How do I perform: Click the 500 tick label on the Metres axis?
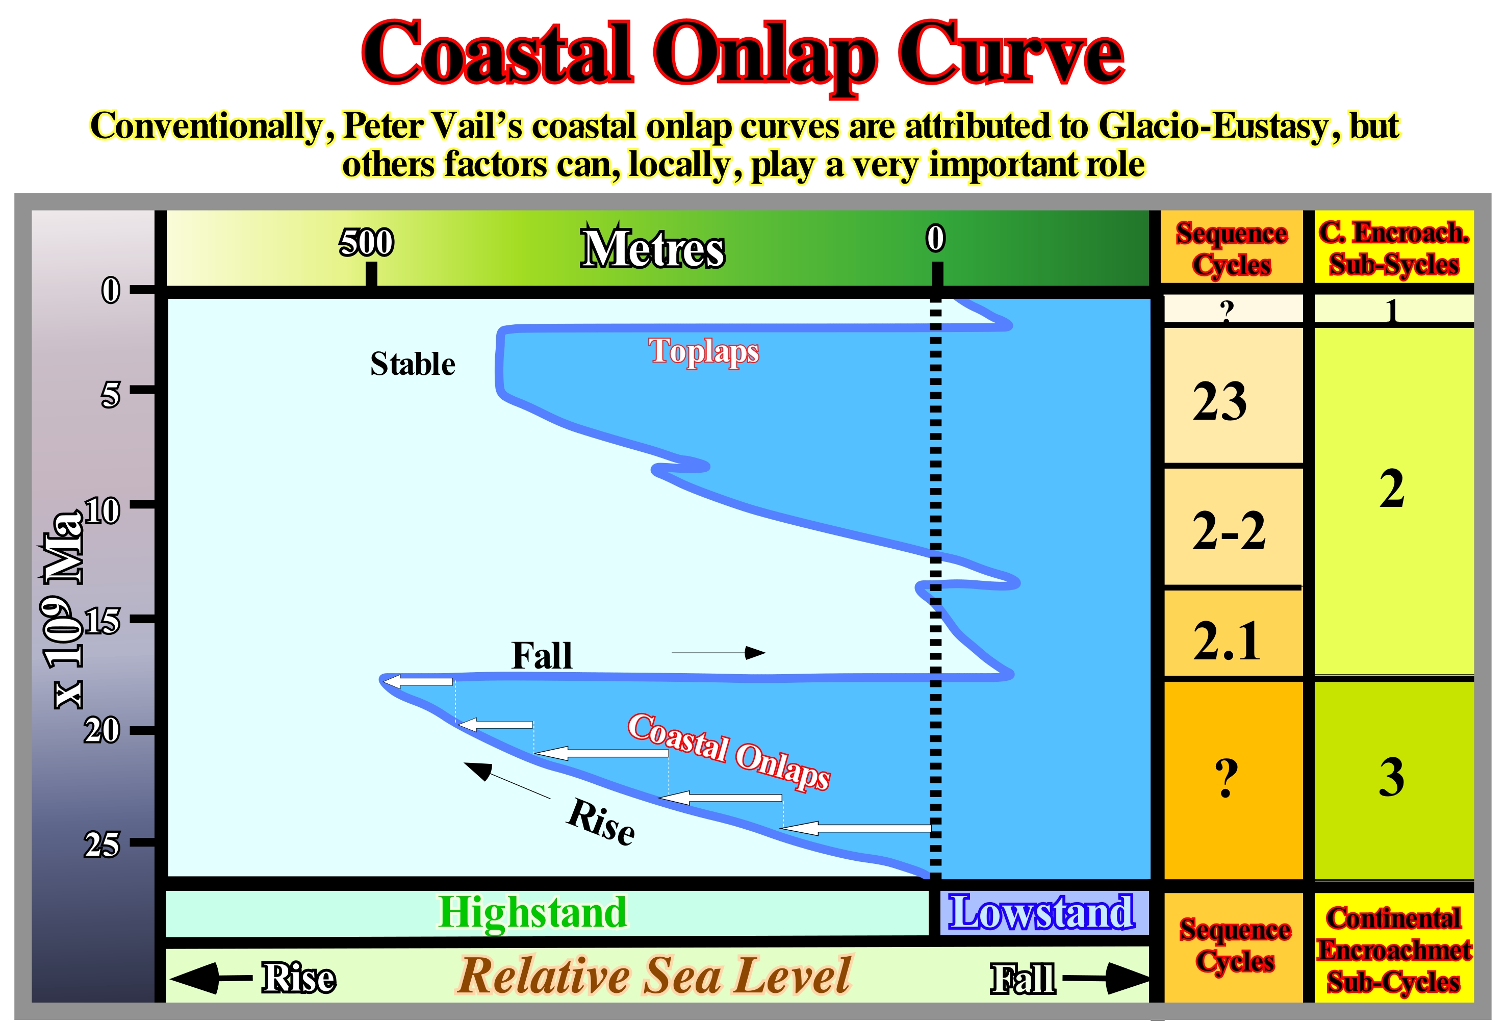pos(366,242)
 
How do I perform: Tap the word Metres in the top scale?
pos(653,248)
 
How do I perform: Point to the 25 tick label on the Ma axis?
pos(101,844)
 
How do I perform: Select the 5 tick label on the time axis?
pos(110,394)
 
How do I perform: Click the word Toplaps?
pos(704,352)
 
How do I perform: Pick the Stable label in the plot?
pos(413,364)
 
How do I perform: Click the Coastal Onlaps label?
pos(729,751)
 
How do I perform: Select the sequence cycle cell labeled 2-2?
pos(1233,527)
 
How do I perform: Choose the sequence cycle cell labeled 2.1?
pos(1233,633)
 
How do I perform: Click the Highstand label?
pos(532,912)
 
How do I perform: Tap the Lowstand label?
pos(1041,912)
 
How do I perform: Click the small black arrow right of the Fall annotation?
pos(718,653)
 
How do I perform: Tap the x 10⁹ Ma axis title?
pos(63,609)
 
